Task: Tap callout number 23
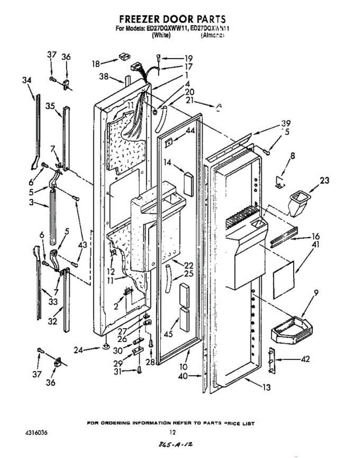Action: (324, 181)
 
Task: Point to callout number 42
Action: (305, 359)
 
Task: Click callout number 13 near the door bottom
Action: (266, 388)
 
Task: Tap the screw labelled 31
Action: (139, 369)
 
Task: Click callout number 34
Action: (26, 81)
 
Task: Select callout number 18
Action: (96, 63)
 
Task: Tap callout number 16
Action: (315, 237)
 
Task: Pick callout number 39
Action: (286, 123)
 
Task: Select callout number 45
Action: (168, 334)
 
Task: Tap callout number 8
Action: (292, 156)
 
